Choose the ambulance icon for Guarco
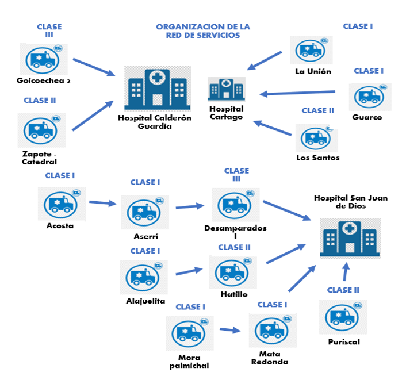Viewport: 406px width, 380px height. click(370, 96)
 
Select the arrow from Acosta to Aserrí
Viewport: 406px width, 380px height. click(103, 203)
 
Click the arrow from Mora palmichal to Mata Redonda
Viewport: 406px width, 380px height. click(230, 330)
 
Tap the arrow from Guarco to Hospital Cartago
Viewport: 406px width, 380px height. click(297, 93)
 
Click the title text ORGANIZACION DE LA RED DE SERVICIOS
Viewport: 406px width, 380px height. click(203, 31)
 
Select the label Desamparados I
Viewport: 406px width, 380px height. click(235, 232)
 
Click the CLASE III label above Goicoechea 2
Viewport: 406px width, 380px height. click(49, 30)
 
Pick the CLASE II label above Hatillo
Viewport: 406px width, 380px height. click(234, 247)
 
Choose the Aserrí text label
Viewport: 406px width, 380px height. click(145, 236)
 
